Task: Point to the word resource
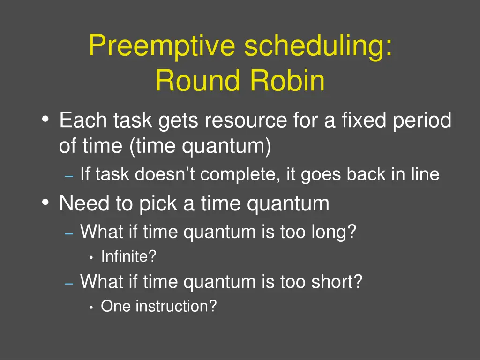[x=245, y=121]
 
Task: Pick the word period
[x=422, y=121]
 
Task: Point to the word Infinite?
[x=128, y=256]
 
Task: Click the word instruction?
[x=176, y=306]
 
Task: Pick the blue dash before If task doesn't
[x=69, y=176]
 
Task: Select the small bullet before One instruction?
[x=91, y=307]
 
